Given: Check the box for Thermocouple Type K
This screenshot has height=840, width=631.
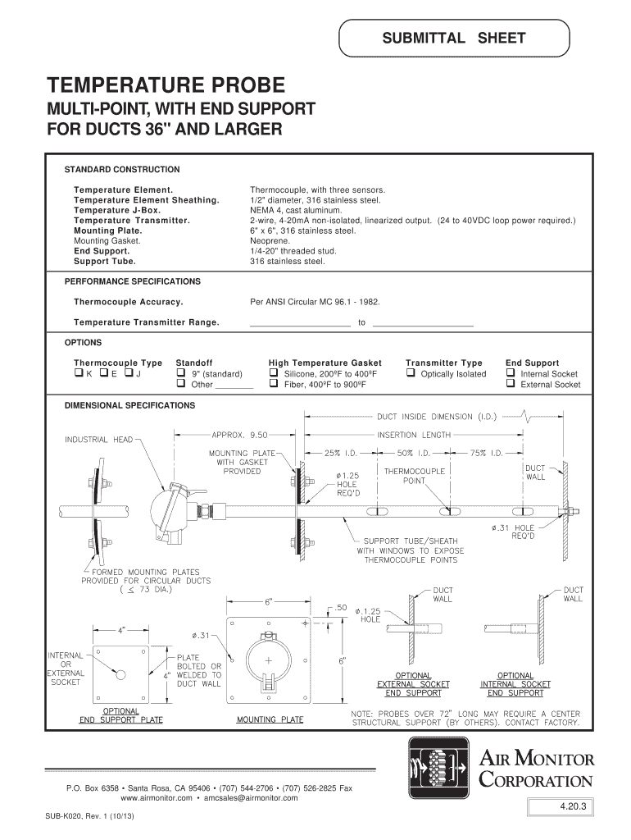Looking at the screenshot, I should pos(78,374).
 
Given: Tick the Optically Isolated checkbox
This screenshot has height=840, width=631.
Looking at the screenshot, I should pos(410,374).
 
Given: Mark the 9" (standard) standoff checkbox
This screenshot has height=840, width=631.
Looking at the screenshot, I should pos(180,374).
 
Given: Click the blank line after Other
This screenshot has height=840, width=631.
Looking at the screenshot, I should pos(234,385).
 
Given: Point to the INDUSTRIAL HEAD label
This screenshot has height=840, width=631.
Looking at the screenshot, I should pos(98,440).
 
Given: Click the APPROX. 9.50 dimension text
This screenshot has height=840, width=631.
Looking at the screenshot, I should pos(239,435).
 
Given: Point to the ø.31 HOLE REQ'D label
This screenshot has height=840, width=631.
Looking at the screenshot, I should pos(513,532).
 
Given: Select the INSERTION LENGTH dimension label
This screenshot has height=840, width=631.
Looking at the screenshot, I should pos(415,435).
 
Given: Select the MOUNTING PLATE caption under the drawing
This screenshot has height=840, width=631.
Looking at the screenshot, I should pos(270,720).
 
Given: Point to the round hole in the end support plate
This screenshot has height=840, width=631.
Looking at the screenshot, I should pos(120,674).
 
